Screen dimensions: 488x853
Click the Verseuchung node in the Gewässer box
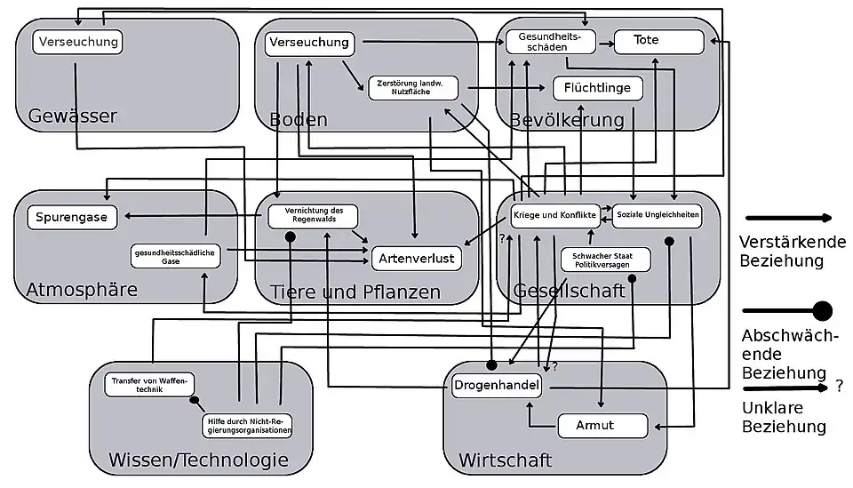click(x=78, y=41)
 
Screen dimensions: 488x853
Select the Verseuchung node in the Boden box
click(x=309, y=43)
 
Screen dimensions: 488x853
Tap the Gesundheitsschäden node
click(x=551, y=42)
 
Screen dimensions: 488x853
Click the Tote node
click(x=658, y=41)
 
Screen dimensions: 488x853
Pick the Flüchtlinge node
click(x=597, y=88)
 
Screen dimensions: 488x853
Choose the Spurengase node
click(x=74, y=218)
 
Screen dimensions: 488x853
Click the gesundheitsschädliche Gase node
click(x=175, y=256)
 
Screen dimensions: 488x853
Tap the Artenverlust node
click(x=417, y=259)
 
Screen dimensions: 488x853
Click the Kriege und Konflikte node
click(x=554, y=215)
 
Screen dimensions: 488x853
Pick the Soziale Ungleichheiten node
click(x=658, y=215)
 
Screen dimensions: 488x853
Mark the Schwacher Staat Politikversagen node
click(x=605, y=260)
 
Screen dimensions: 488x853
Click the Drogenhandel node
click(x=497, y=386)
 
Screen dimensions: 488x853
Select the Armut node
click(x=602, y=426)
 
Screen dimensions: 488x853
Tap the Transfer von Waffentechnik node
click(x=149, y=385)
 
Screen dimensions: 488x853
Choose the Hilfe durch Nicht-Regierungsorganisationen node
click(x=248, y=425)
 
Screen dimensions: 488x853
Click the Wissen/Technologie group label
click(x=198, y=460)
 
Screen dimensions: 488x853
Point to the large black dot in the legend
click(x=822, y=311)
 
